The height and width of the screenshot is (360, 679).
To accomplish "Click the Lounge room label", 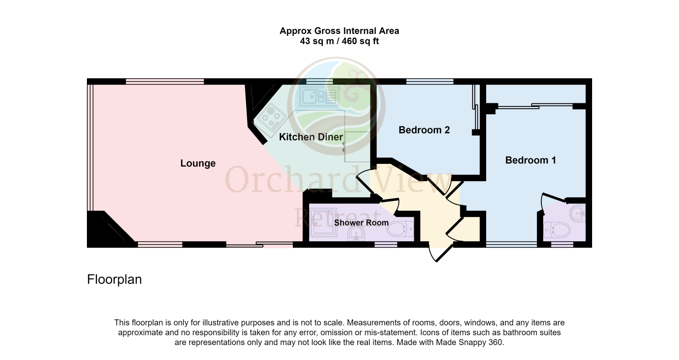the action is click(x=198, y=163).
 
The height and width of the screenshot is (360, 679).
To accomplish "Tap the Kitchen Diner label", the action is click(x=311, y=137).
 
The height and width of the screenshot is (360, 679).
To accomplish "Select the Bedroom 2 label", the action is click(x=424, y=130).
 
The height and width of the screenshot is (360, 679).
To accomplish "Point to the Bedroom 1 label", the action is click(x=531, y=160).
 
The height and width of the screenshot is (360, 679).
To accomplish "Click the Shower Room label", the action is click(x=361, y=223).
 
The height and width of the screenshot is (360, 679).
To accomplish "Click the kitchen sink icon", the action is click(x=319, y=96).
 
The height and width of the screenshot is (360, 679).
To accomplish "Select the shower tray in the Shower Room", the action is click(x=323, y=222).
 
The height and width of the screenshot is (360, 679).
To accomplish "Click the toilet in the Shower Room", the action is click(x=401, y=229).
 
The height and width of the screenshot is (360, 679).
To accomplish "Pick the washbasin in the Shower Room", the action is click(x=356, y=234).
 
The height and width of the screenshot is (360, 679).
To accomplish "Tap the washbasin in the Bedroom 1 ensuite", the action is click(x=578, y=213).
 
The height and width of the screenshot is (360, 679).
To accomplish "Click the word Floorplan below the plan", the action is click(x=114, y=279).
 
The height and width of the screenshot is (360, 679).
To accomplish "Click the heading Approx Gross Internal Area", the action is click(x=339, y=31).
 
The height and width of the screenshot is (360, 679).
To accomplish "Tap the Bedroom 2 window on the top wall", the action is click(x=430, y=81).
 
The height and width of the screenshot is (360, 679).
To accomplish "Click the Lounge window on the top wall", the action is click(x=165, y=81).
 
